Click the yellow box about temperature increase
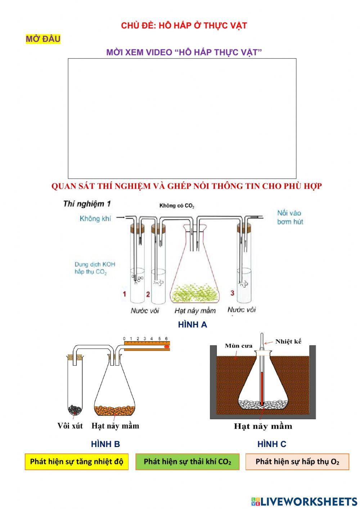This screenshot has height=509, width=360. click(x=76, y=461)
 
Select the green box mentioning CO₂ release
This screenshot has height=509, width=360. click(x=187, y=461)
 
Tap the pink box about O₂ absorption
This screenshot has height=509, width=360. click(x=297, y=461)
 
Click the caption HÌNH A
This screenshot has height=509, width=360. click(x=193, y=325)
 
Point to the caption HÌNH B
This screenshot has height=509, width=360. click(x=105, y=444)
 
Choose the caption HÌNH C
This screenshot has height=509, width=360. click(x=272, y=444)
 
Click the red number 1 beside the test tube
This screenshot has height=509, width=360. click(x=125, y=294)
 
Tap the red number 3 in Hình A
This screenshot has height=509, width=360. click(x=232, y=293)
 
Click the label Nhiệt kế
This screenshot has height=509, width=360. click(x=288, y=341)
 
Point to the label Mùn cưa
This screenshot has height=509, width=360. click(x=239, y=346)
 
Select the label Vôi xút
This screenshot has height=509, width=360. click(x=70, y=426)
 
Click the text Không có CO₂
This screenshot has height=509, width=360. click(x=177, y=206)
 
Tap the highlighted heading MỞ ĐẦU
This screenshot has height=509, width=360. click(x=43, y=39)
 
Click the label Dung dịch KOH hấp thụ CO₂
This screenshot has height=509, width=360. click(x=95, y=268)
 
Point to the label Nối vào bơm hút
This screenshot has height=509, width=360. click(x=290, y=217)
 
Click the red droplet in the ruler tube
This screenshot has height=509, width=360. click(x=166, y=347)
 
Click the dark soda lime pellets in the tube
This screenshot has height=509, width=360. click(x=75, y=409)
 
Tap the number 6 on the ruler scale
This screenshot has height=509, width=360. click(x=166, y=339)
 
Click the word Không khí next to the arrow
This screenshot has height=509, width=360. click(x=95, y=218)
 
